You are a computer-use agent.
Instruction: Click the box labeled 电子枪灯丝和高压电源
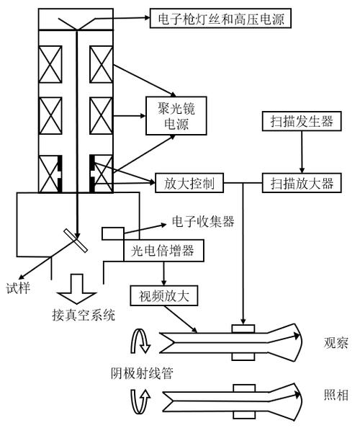coord(219,18)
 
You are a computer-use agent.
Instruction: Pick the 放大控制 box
coord(189,183)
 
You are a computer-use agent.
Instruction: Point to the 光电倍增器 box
coord(163,250)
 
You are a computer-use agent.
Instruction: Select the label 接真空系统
coord(84,315)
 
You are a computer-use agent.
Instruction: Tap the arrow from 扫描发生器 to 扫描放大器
coord(301,152)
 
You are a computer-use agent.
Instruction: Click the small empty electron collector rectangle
coord(113,234)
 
